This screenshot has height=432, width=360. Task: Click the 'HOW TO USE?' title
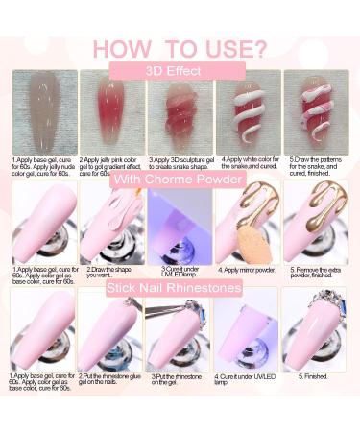coord(180,48)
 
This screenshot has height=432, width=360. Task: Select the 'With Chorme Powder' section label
coord(180,180)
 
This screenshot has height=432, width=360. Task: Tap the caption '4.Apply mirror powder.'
coord(247,273)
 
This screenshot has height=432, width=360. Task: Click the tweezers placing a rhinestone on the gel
coord(180,331)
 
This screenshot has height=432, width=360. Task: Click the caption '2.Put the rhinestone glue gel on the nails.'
coord(111,381)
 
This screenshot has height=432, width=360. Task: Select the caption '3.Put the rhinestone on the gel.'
coord(178,381)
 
